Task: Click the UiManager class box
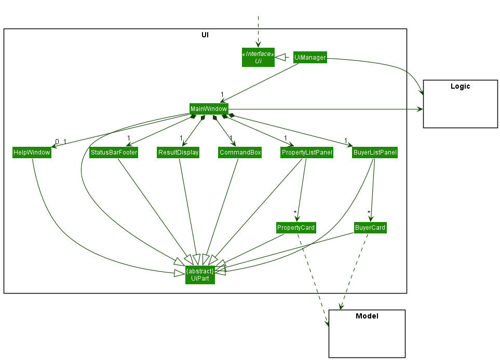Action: tap(310, 58)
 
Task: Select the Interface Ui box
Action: tap(258, 57)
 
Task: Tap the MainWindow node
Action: tap(209, 109)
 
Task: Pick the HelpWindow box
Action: tap(32, 153)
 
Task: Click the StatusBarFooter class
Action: tap(114, 153)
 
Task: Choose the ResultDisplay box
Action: tap(179, 153)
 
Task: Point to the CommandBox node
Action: tap(240, 153)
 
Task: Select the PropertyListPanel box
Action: tap(307, 153)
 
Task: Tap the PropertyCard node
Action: tap(296, 228)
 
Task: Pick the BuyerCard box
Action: tap(370, 228)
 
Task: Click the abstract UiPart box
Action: tap(200, 275)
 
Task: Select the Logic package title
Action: tap(460, 87)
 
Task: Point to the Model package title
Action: tap(367, 316)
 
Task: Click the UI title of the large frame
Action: tap(205, 35)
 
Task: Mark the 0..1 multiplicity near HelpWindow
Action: tap(61, 142)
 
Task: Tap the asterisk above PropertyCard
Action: tap(295, 213)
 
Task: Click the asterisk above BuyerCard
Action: tap(369, 213)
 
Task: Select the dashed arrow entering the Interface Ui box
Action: tap(258, 31)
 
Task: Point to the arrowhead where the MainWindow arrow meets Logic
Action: tap(420, 109)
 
